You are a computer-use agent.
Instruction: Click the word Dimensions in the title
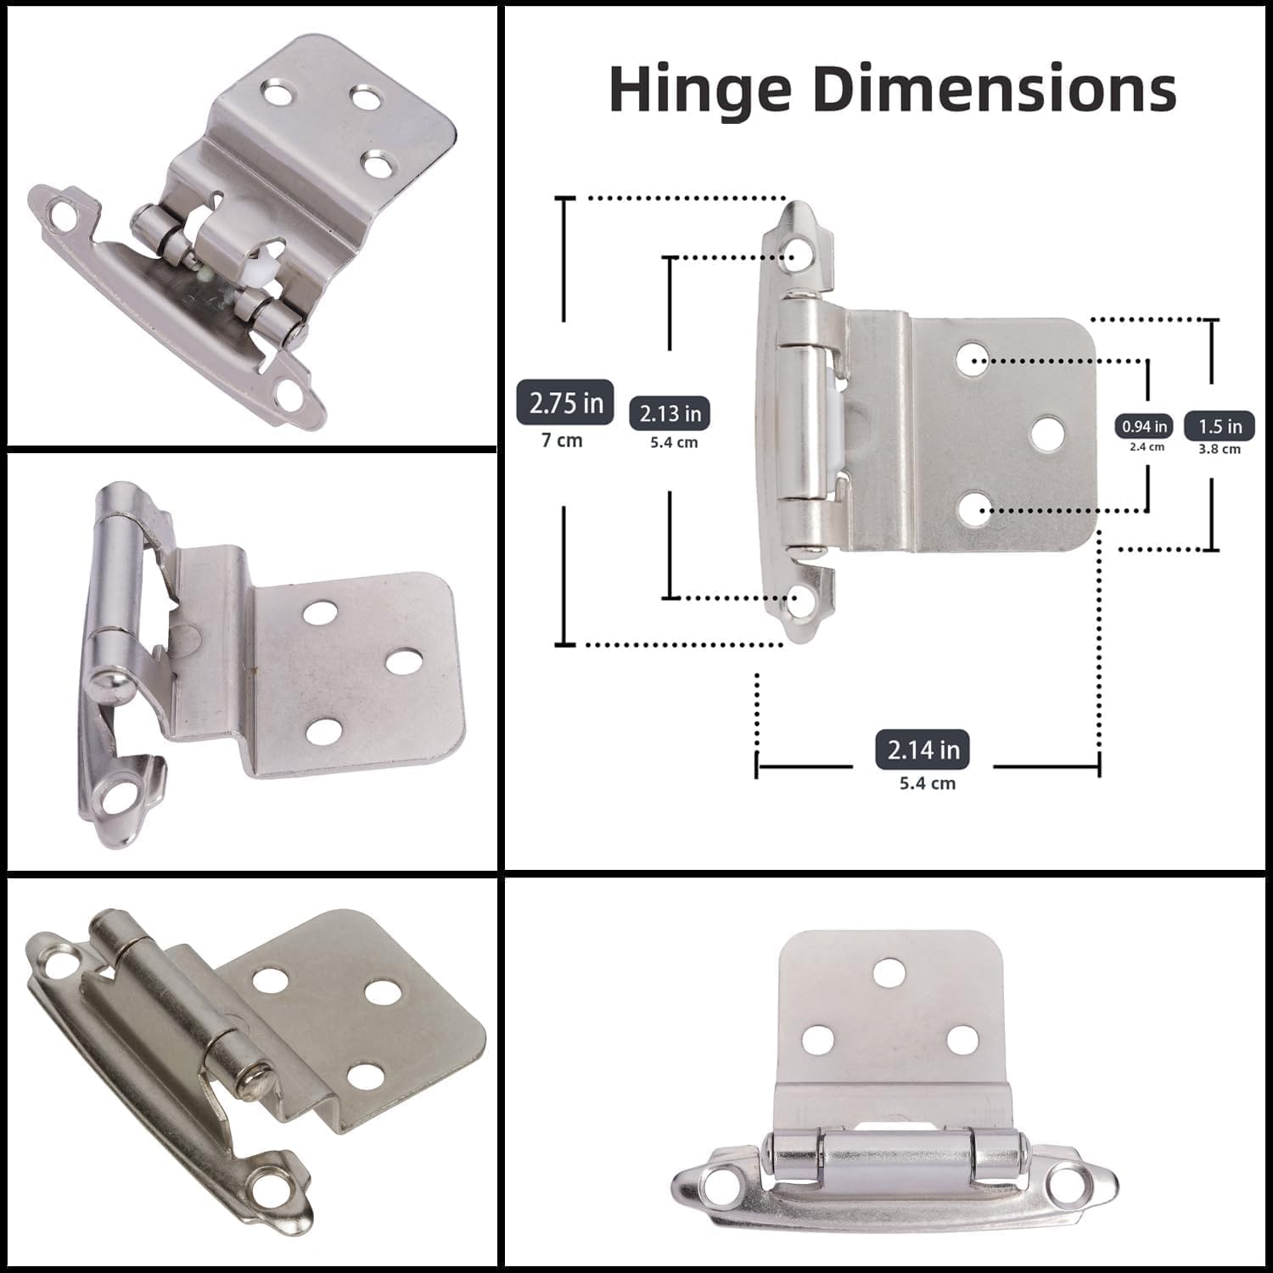coord(995,89)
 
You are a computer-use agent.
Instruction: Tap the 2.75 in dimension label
coord(565,402)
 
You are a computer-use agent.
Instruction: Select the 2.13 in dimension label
coord(670,413)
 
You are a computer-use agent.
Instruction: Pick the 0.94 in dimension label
coord(1144,426)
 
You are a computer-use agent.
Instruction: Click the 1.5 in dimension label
coord(1220,426)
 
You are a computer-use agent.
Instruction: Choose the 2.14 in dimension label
coord(923,749)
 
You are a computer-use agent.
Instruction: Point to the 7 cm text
coord(562,440)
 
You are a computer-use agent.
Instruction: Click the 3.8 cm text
coord(1220,449)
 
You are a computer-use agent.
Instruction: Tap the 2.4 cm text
coord(1147,446)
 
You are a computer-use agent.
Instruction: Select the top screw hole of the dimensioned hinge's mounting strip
coord(797,255)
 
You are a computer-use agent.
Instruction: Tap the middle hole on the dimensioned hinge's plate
coord(1047,433)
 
